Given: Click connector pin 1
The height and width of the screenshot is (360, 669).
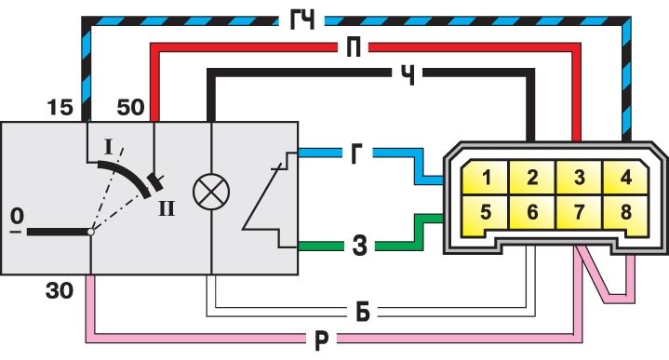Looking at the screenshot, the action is [x=486, y=177].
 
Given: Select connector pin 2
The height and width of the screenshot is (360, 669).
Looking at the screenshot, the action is [x=532, y=177].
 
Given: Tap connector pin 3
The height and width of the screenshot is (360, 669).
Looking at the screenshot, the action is [x=579, y=177].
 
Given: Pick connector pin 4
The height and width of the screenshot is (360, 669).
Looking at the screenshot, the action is [x=625, y=177].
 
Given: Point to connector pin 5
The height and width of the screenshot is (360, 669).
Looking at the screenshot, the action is [x=486, y=212].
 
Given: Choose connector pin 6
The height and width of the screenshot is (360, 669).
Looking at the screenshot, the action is [x=532, y=211].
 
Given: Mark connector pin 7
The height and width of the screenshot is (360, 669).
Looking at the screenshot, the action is [x=579, y=211].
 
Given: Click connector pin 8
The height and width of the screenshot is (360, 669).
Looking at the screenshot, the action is [x=625, y=212].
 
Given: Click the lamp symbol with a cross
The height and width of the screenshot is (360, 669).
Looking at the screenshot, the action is [x=211, y=192].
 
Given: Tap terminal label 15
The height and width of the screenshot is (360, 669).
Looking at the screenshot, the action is [x=60, y=107].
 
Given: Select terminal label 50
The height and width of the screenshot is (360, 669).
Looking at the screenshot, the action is [x=130, y=107].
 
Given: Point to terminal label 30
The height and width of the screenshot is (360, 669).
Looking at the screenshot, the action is [x=60, y=291].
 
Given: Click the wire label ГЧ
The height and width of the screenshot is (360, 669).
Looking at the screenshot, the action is [x=302, y=20].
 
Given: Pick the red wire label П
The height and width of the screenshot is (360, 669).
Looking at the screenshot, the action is [x=353, y=47].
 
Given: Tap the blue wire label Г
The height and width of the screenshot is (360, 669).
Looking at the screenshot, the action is [x=356, y=154].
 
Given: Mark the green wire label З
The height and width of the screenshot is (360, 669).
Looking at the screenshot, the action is [x=360, y=247].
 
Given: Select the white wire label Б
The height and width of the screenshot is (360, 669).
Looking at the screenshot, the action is [x=363, y=313].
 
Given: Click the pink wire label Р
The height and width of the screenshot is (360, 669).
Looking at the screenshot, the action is [x=322, y=340].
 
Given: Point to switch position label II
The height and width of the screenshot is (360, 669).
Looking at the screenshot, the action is [x=166, y=209].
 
